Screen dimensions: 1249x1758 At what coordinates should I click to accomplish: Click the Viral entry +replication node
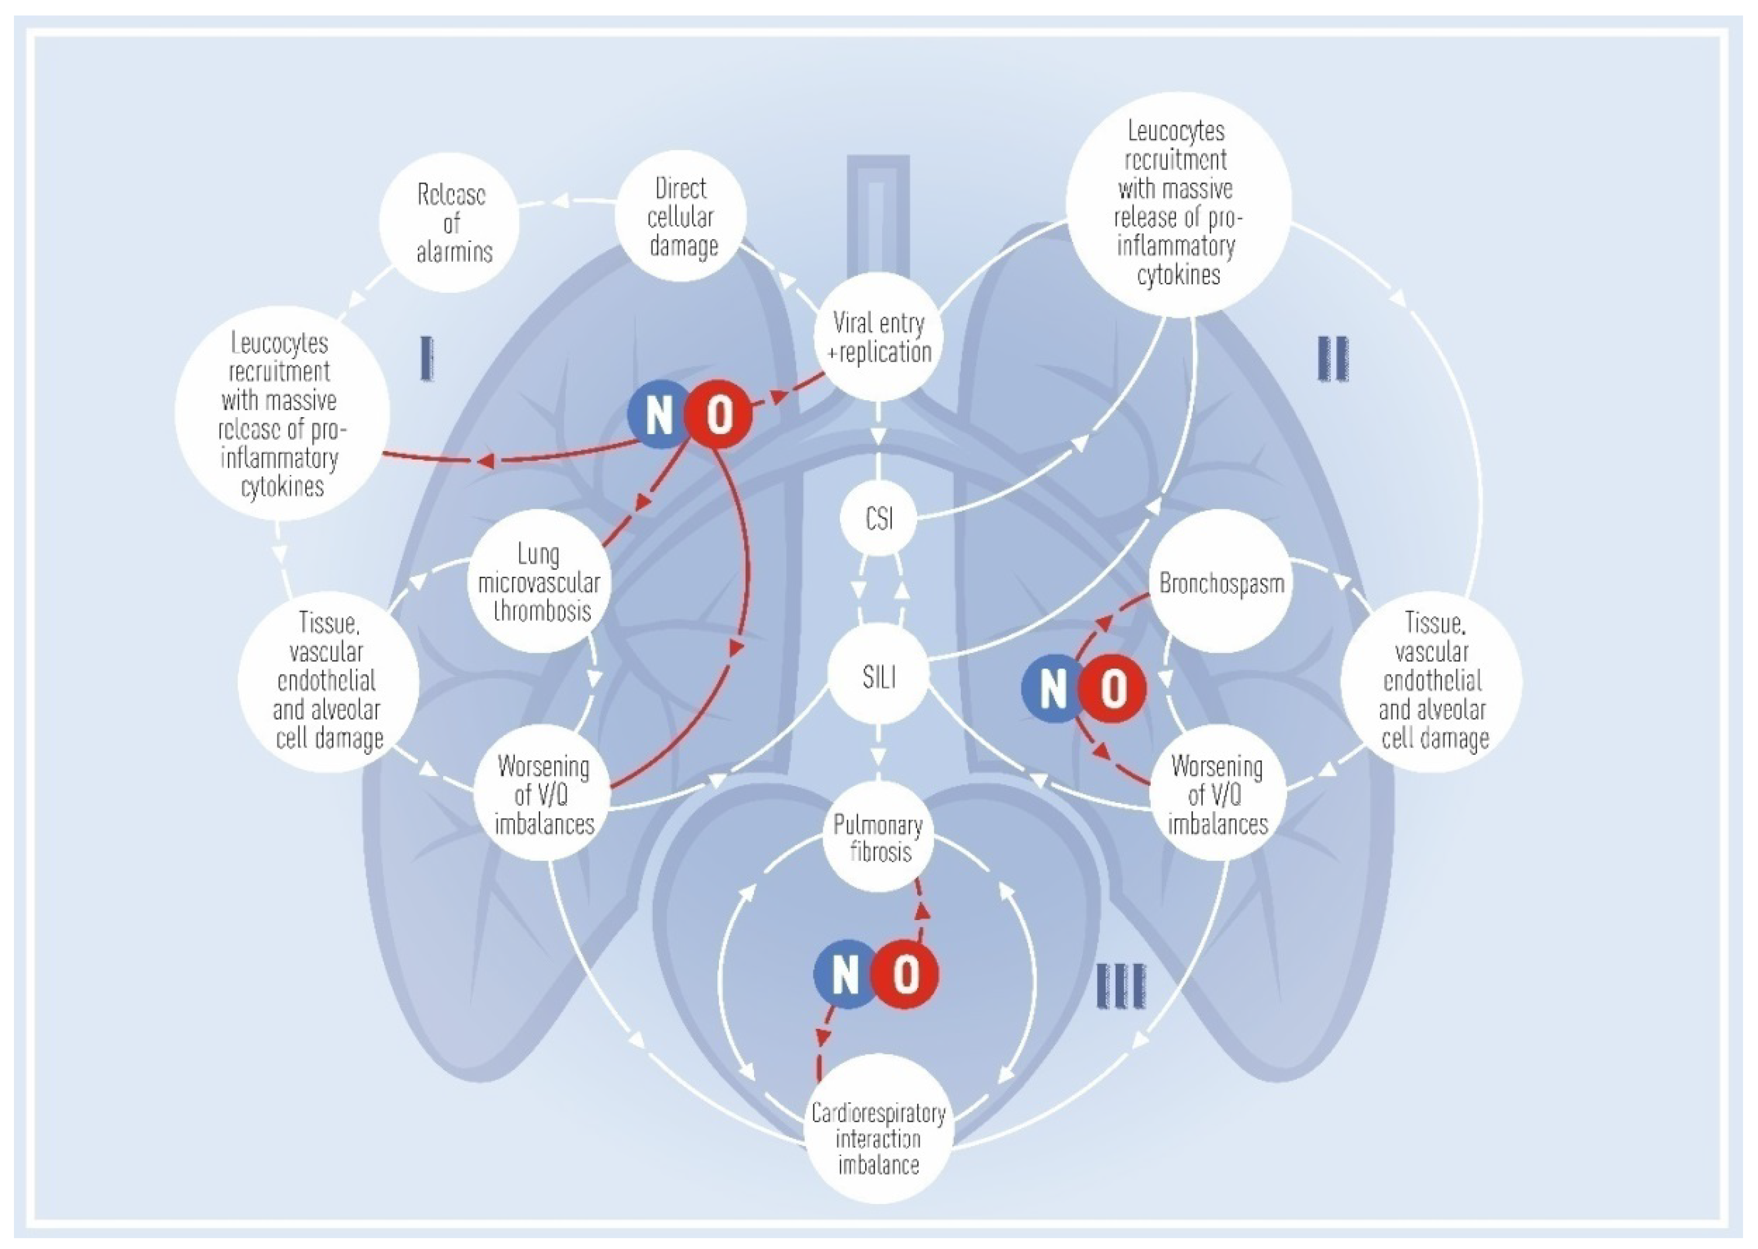(x=878, y=337)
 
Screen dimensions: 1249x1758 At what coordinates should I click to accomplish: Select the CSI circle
(x=878, y=518)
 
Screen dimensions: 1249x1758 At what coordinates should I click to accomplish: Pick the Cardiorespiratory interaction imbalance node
(x=878, y=1139)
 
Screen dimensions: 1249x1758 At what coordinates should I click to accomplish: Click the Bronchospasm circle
(x=1221, y=582)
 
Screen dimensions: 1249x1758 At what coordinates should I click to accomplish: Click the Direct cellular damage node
(x=681, y=216)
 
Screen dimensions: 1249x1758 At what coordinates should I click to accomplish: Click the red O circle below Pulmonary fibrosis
(x=905, y=974)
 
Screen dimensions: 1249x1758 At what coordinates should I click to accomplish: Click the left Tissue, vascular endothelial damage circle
(x=328, y=680)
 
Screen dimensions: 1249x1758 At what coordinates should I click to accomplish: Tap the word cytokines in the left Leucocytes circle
(x=282, y=487)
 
